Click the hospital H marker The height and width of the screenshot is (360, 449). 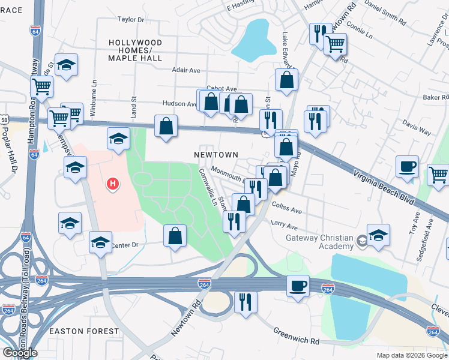pyautogui.click(x=112, y=184)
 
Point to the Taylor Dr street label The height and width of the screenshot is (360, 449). pyautogui.click(x=132, y=19)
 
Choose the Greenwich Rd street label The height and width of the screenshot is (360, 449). pyautogui.click(x=297, y=336)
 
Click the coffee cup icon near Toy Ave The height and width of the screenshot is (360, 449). pyautogui.click(x=407, y=167)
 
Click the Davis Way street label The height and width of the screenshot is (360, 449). pyautogui.click(x=417, y=127)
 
